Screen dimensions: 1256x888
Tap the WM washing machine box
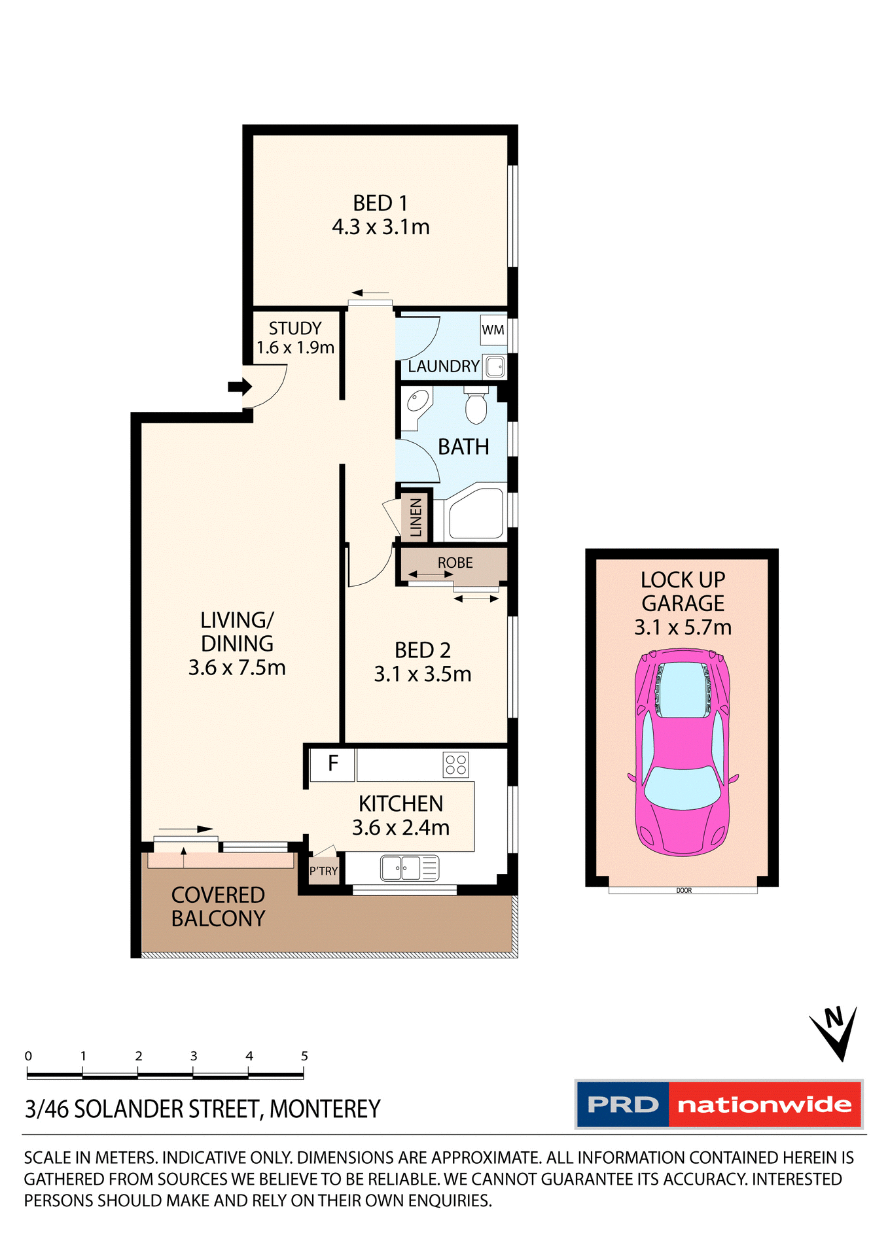coord(493,330)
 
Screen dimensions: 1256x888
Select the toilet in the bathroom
coord(476,406)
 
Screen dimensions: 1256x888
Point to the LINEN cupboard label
coord(416,517)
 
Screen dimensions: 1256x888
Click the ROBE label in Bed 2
coord(455,563)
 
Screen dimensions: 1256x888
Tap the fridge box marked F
coord(332,763)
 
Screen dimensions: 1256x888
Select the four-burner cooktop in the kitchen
coord(455,764)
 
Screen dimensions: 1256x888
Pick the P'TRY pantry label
coord(323,871)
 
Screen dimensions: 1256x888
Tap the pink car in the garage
coord(683,752)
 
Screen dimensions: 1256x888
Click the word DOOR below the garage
coord(683,890)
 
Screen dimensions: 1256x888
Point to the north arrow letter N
coord(834,1018)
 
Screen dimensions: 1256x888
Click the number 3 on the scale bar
coord(194,1056)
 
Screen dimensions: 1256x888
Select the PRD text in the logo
coord(622,1105)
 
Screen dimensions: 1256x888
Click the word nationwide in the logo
coord(764,1105)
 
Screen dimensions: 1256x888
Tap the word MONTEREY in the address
coord(325,1109)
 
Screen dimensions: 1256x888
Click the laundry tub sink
coord(495,367)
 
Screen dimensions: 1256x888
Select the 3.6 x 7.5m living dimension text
coord(237,668)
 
